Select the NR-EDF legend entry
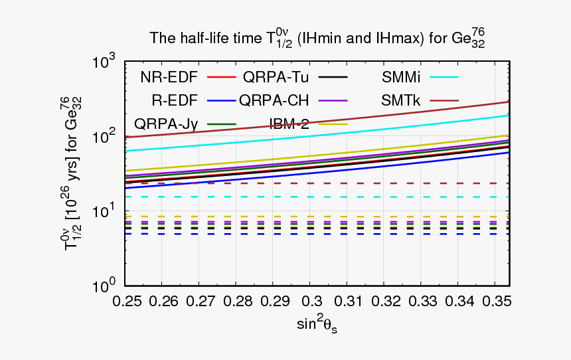coord(169,76)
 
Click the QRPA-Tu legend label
coord(278,76)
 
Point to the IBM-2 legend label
coord(292,124)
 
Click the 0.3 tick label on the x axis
coord(310,301)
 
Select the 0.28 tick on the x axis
coord(237,301)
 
